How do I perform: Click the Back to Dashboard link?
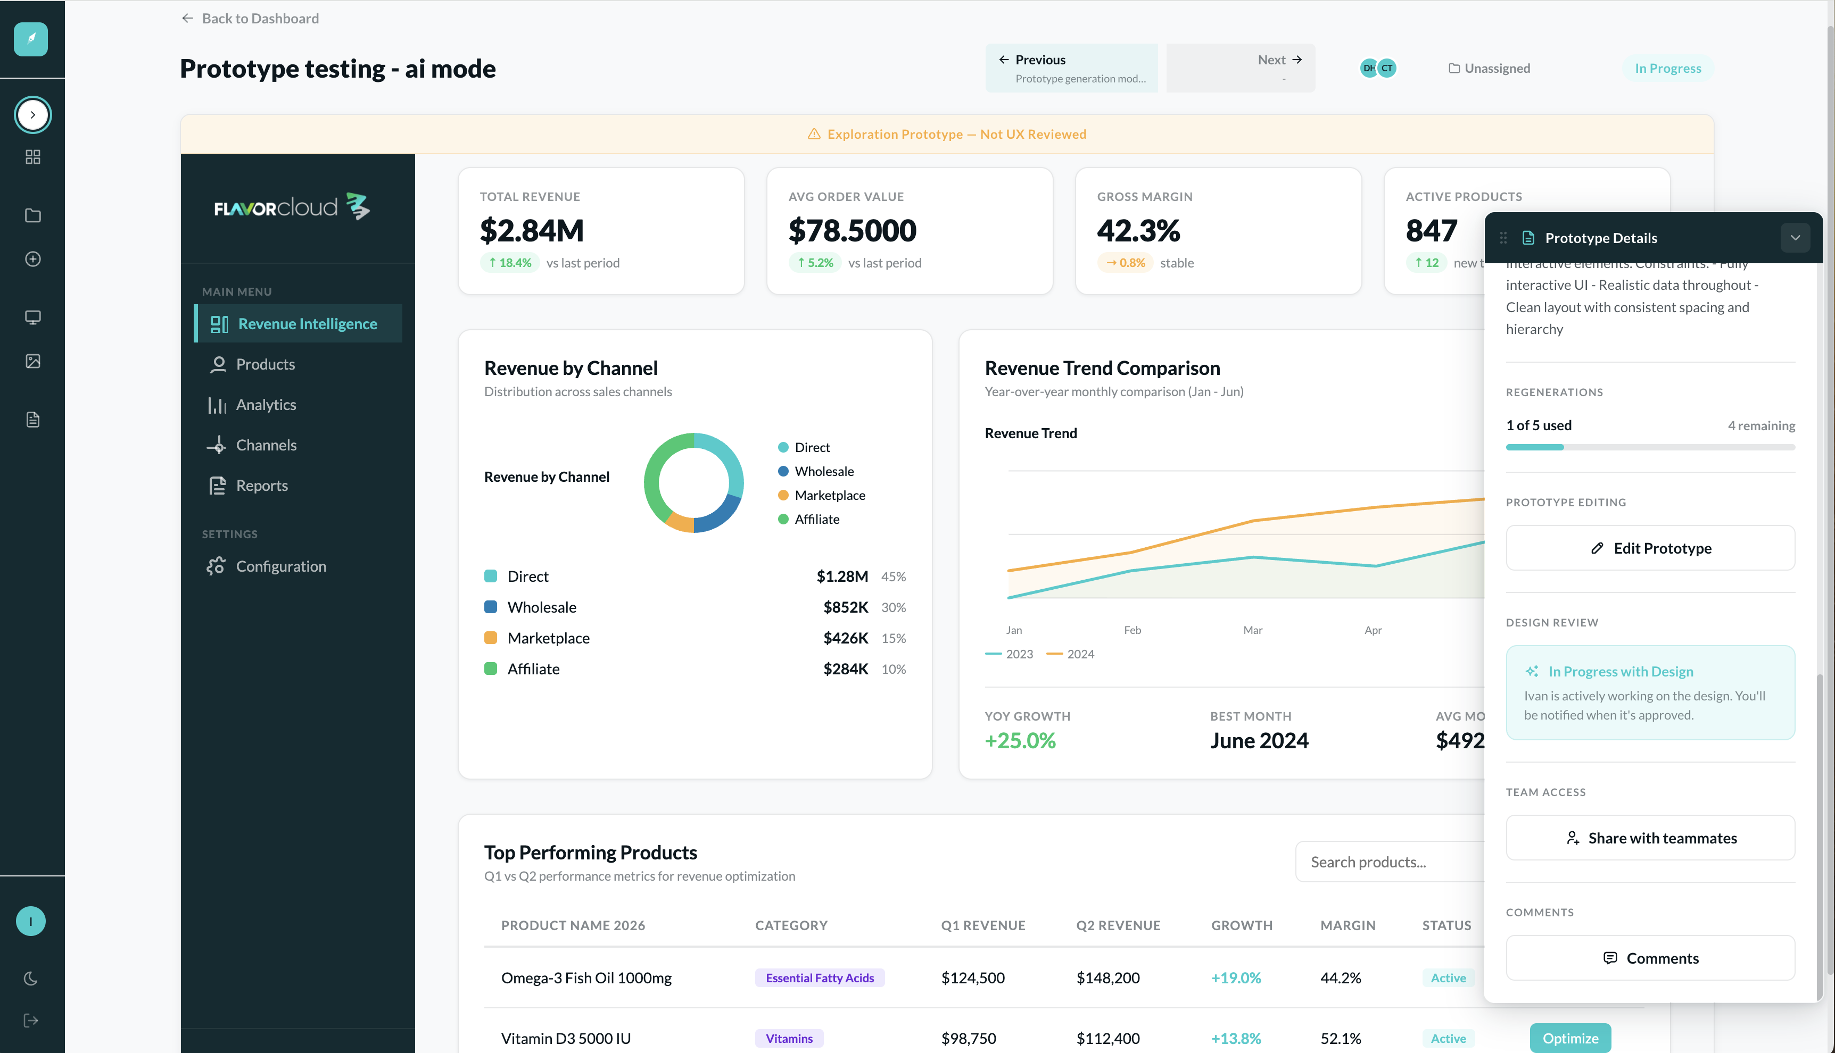250,18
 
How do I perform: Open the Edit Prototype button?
1650,548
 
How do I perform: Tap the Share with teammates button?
1650,838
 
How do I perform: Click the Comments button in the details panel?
1650,958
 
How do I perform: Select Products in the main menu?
265,364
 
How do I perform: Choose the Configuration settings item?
281,566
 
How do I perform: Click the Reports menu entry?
261,486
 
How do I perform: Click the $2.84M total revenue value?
532,231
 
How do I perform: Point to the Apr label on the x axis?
1373,630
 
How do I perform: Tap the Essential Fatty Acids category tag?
820,978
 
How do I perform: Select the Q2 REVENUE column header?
1118,926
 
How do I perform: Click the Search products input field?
1389,862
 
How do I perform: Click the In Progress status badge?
1668,68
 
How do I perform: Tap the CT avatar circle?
1386,68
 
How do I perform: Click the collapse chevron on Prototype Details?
1795,238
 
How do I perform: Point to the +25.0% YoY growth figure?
1020,741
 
